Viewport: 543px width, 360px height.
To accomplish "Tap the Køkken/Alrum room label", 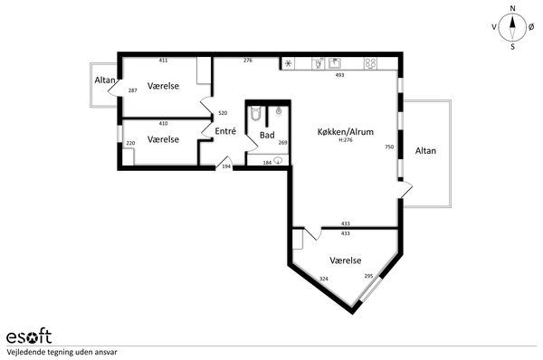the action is click(x=346, y=132).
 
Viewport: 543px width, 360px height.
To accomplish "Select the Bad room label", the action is click(x=267, y=135).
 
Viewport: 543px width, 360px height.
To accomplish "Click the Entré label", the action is click(x=225, y=131).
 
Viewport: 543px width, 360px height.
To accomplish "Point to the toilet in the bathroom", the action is click(x=255, y=113).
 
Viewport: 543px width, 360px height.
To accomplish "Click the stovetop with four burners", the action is click(x=370, y=63).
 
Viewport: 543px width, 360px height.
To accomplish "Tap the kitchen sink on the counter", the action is click(x=335, y=63).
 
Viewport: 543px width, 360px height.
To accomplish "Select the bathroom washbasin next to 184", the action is click(x=278, y=160).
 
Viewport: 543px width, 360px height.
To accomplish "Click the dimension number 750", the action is click(x=389, y=147).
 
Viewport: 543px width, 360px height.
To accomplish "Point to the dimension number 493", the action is click(x=339, y=75).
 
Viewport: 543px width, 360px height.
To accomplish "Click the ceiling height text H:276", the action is click(x=346, y=140).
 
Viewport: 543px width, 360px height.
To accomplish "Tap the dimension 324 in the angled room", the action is click(x=324, y=279).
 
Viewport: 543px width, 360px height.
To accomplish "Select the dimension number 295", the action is click(x=368, y=276).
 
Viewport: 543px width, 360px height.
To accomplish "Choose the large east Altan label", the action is click(x=425, y=150).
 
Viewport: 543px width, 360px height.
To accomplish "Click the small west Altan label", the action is click(x=105, y=80).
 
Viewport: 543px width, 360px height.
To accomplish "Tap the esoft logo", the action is click(x=29, y=336).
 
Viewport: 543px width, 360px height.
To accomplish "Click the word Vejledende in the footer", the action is click(x=24, y=353).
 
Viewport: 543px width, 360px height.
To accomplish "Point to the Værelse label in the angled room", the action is click(x=346, y=261).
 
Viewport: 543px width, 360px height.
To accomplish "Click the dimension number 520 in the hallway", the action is click(x=223, y=113).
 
